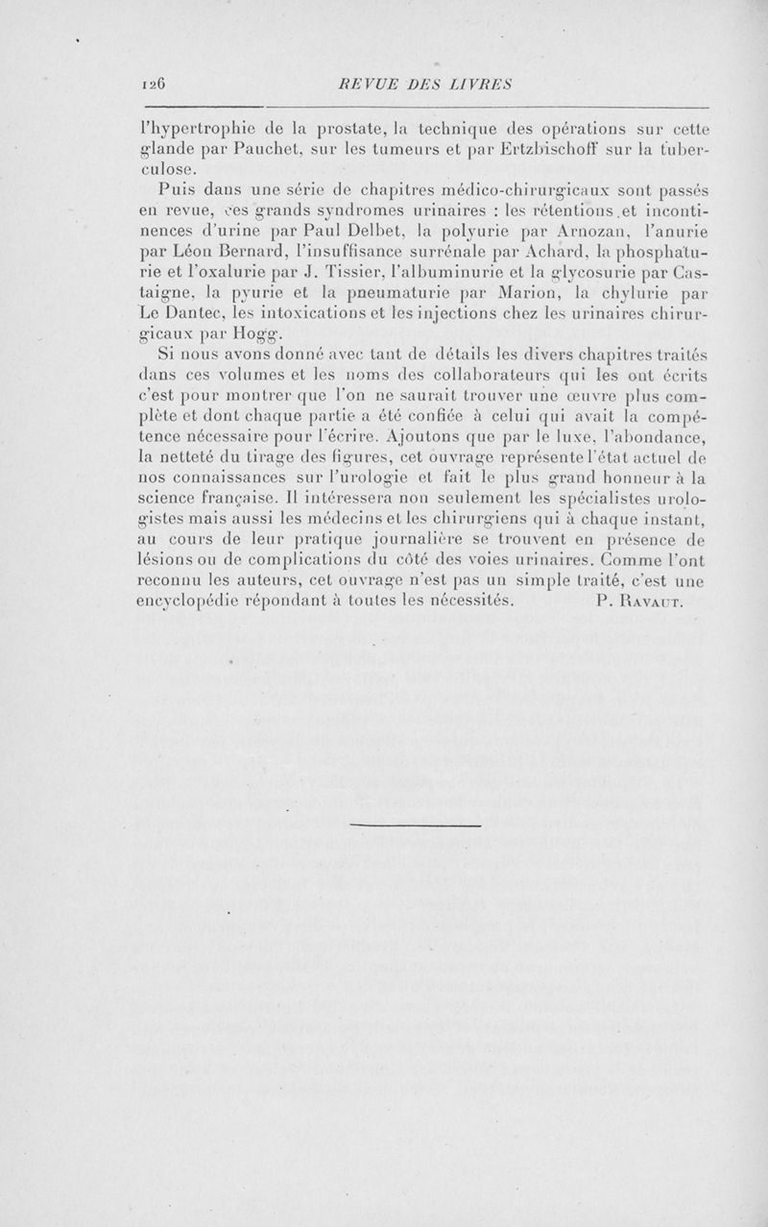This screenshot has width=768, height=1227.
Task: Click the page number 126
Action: coord(154,84)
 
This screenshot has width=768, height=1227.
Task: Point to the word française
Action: coord(239,500)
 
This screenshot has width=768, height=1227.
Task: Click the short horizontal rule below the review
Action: coord(415,824)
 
